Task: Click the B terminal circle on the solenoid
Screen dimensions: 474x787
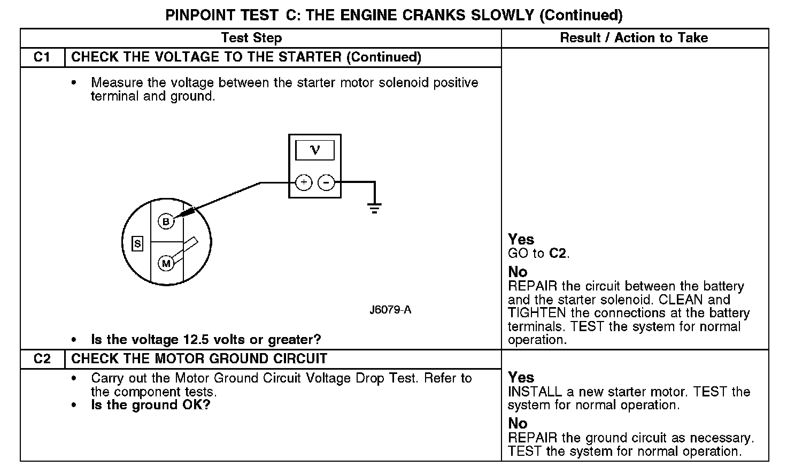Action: pos(166,221)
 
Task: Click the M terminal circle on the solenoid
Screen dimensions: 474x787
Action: pos(166,263)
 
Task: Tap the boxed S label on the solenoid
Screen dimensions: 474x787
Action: pos(137,244)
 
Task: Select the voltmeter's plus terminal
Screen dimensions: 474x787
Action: pos(303,183)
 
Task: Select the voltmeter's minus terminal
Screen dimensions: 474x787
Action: pos(326,183)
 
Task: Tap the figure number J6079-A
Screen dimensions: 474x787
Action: pos(390,310)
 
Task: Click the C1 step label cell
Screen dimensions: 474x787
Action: pos(42,57)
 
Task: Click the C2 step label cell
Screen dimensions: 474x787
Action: pos(42,359)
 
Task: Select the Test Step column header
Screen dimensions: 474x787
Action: pos(251,38)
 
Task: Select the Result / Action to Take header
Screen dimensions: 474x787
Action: pos(634,38)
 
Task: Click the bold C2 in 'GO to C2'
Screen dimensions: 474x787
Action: pos(558,254)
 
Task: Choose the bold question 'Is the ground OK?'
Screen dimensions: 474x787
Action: pos(151,405)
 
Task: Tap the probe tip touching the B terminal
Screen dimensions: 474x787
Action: pos(176,216)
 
